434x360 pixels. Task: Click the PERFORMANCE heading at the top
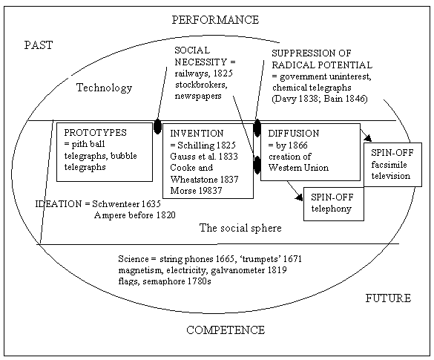click(215, 20)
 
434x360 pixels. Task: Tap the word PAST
click(39, 45)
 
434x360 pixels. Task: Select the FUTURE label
click(388, 298)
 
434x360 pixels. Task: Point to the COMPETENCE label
click(226, 330)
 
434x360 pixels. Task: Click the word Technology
click(104, 88)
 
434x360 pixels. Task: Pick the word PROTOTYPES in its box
click(95, 133)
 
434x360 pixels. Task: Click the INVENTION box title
click(197, 134)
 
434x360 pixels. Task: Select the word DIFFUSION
click(294, 134)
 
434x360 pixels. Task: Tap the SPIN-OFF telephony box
click(334, 204)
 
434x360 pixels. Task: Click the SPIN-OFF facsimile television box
click(392, 165)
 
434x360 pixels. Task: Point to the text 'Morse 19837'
click(196, 191)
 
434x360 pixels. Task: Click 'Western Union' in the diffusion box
click(298, 168)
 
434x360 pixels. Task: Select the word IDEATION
click(59, 204)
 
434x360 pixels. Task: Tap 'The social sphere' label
click(240, 228)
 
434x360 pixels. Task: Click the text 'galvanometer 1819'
click(249, 270)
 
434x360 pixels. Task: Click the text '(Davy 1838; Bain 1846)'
click(320, 99)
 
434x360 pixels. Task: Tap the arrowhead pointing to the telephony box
click(299, 197)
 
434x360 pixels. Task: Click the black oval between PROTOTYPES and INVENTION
click(157, 126)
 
